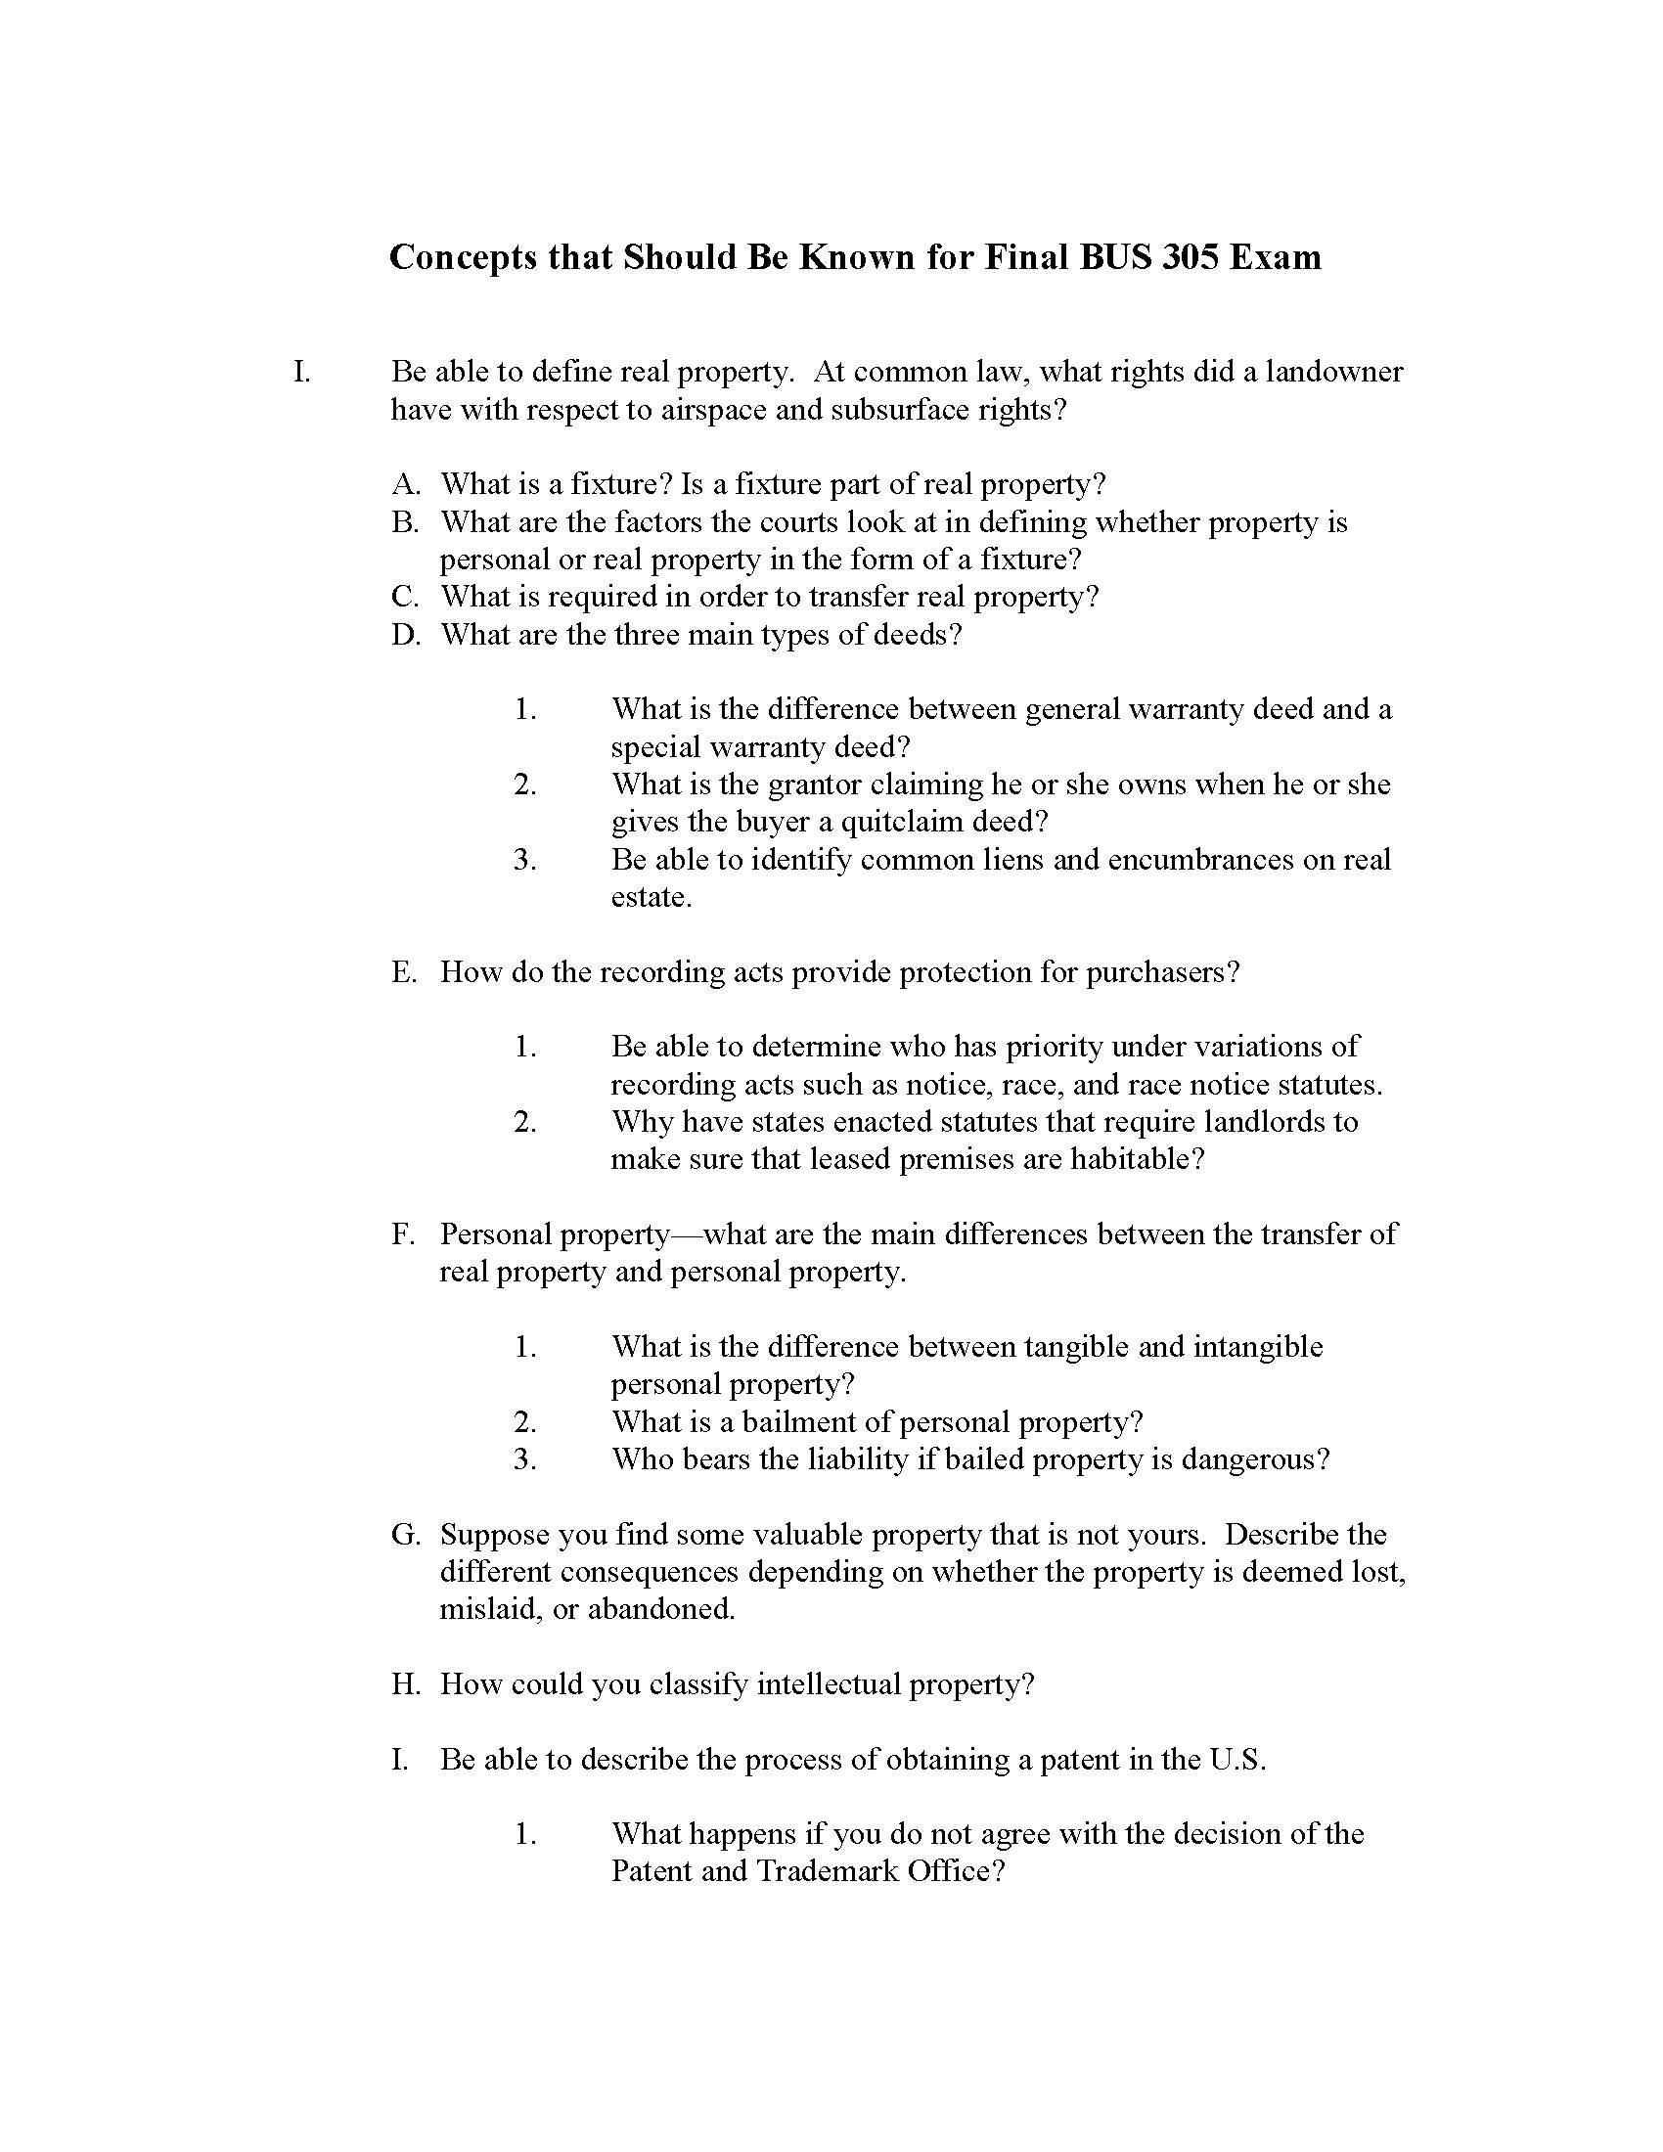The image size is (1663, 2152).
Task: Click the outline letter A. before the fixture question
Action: pyautogui.click(x=405, y=484)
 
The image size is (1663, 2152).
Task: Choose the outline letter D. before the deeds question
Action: pyautogui.click(x=405, y=634)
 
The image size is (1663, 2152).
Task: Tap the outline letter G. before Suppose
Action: pyautogui.click(x=405, y=1534)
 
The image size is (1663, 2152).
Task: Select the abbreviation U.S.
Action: pyautogui.click(x=1236, y=1759)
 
